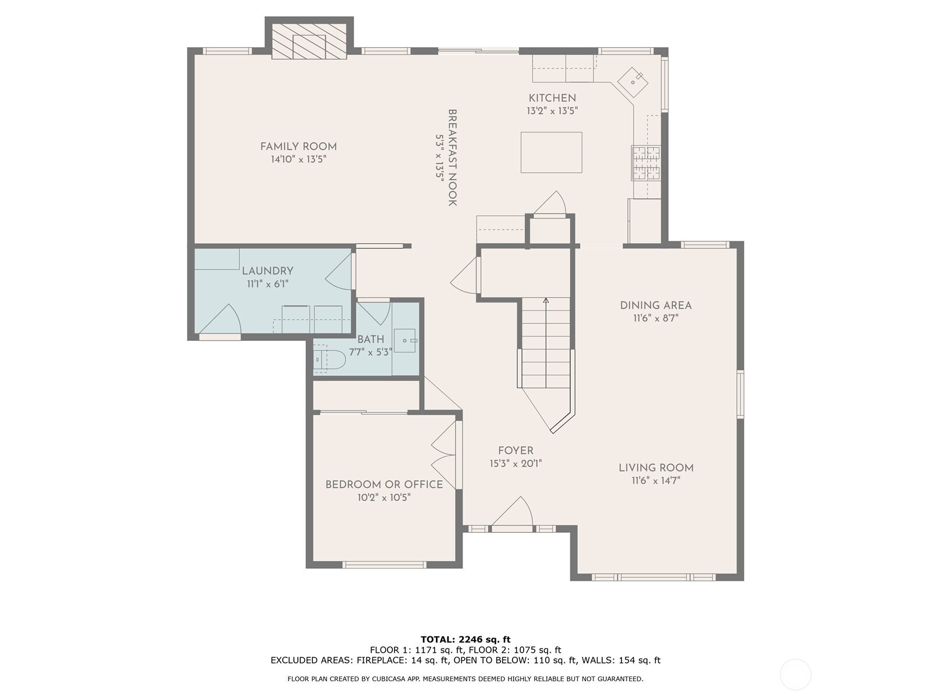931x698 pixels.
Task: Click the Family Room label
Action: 298,147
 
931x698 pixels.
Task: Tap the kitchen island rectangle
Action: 551,152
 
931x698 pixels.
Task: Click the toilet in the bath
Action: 329,359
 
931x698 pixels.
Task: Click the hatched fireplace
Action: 309,41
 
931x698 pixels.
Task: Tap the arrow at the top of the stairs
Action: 546,301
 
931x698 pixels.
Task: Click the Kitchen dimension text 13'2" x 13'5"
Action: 552,111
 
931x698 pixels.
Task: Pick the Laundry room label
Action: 268,271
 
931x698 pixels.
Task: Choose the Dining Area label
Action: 656,305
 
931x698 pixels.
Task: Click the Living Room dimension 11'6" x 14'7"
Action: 656,480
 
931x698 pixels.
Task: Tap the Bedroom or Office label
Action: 384,485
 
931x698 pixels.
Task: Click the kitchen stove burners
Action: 645,163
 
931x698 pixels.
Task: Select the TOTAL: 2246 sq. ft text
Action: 465,639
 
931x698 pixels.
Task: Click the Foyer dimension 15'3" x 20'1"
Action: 516,464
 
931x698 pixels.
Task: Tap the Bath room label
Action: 371,340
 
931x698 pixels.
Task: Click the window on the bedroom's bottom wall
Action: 384,564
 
